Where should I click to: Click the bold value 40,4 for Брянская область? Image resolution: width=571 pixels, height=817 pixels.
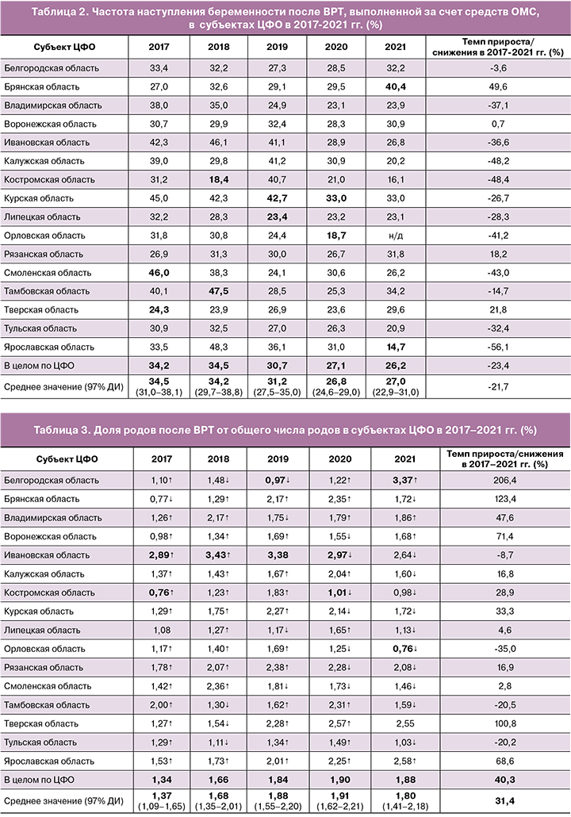(x=395, y=86)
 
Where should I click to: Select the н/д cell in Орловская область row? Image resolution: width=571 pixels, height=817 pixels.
(x=395, y=236)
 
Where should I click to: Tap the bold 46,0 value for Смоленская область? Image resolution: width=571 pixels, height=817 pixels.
(x=159, y=273)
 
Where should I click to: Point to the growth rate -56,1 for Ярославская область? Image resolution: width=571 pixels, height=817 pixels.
(x=499, y=347)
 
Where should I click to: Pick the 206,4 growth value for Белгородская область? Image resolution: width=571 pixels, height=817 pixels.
(x=499, y=480)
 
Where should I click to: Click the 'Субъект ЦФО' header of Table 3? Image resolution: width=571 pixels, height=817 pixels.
(x=63, y=458)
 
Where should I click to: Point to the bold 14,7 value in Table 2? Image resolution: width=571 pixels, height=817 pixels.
(x=395, y=347)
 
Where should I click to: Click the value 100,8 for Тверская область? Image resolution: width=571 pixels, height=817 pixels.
(x=499, y=722)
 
